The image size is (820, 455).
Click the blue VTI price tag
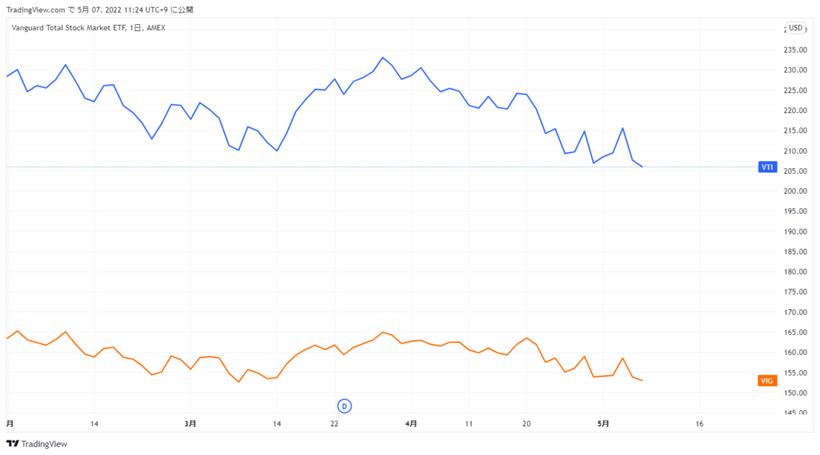pos(766,167)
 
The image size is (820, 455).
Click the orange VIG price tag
pos(766,381)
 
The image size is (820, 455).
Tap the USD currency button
pos(794,28)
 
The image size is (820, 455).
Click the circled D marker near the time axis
pos(344,406)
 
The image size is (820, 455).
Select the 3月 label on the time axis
pos(190,423)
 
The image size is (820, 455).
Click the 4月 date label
pos(410,423)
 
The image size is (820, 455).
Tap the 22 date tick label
pos(335,423)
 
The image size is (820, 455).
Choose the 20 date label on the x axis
pos(526,423)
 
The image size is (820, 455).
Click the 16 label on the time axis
pos(699,423)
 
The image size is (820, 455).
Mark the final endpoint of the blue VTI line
pos(642,167)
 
